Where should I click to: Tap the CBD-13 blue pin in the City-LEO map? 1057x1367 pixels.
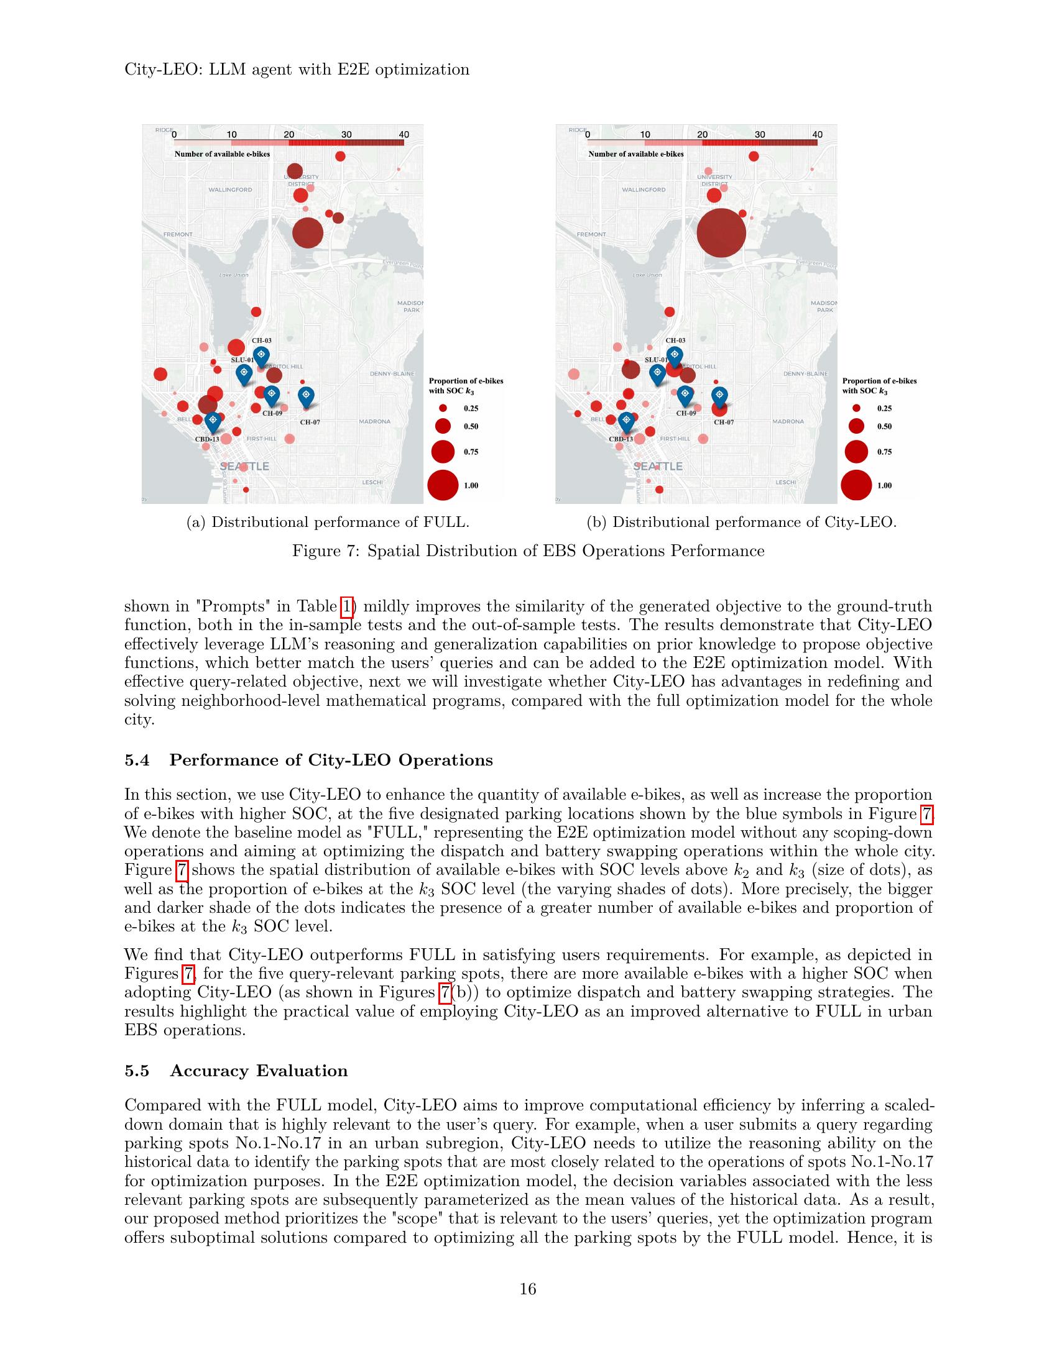coord(626,421)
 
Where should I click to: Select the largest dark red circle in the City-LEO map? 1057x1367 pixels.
coord(721,233)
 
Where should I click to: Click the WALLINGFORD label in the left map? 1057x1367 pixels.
coord(231,190)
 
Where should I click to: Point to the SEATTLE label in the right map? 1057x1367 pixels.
coord(658,466)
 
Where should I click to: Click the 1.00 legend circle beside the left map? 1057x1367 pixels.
coord(443,485)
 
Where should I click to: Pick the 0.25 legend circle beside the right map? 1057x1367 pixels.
coord(857,408)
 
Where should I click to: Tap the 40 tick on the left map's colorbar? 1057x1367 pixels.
coord(404,135)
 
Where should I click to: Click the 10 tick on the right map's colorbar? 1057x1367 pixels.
coord(645,135)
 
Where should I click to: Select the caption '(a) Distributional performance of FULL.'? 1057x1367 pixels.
coord(328,522)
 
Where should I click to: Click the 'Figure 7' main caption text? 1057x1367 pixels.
coord(528,551)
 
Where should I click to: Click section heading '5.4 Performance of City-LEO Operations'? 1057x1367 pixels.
coord(309,760)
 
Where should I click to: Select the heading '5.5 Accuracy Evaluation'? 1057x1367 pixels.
coord(236,1071)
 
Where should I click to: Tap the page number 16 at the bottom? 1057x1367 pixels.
coord(528,1289)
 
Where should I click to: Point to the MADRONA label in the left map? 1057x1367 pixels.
coord(374,421)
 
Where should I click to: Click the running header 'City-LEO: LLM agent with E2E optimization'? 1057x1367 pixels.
coord(297,69)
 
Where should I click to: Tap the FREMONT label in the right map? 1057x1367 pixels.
coord(591,234)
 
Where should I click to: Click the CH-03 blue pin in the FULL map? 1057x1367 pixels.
coord(261,356)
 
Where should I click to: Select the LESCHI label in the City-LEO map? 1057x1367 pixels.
coord(786,482)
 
